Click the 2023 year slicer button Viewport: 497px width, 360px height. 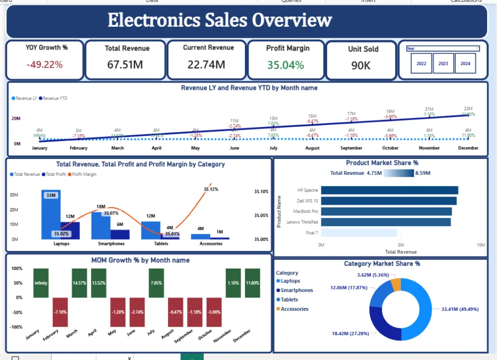tap(443, 64)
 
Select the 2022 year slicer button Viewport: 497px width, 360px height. tap(421, 64)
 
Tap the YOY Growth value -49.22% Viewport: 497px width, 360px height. tap(45, 65)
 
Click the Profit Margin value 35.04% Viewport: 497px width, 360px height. tap(285, 65)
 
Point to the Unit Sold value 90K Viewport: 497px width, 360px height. tap(361, 65)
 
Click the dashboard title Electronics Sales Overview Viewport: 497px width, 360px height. tap(220, 21)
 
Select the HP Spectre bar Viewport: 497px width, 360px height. tap(389, 190)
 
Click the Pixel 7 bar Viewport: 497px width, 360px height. tap(359, 232)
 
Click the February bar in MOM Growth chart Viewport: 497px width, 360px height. tap(60, 312)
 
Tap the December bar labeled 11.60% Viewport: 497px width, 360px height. tap(252, 283)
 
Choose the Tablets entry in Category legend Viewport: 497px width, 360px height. tap(289, 300)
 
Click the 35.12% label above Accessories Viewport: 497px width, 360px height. tap(212, 189)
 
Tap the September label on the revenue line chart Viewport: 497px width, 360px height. tap(351, 148)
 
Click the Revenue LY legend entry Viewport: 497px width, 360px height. tap(26, 98)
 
